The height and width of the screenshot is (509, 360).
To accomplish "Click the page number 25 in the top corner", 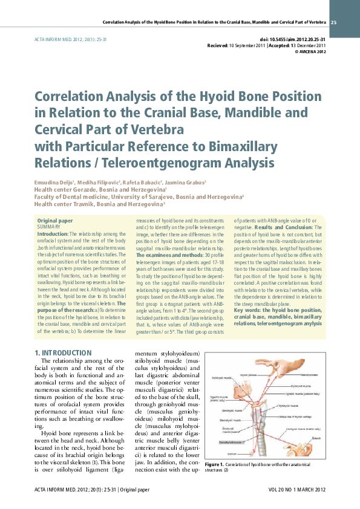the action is (334, 22).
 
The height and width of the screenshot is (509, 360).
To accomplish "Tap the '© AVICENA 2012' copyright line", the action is (310, 52).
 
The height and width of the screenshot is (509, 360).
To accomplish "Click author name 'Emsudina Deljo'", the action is (53, 182).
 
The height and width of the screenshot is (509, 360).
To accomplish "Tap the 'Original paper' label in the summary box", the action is (55, 221).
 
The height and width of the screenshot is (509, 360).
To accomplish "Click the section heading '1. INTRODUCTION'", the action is (63, 352).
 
